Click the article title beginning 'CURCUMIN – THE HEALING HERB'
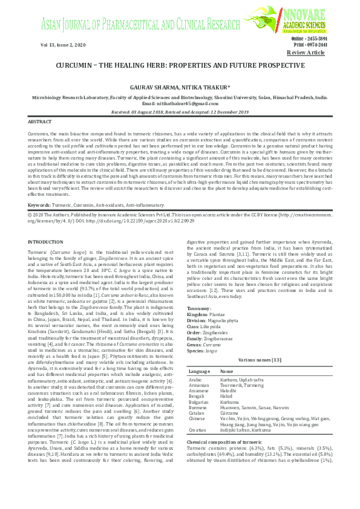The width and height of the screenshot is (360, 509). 180,65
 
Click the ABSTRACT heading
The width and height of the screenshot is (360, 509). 41,122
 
